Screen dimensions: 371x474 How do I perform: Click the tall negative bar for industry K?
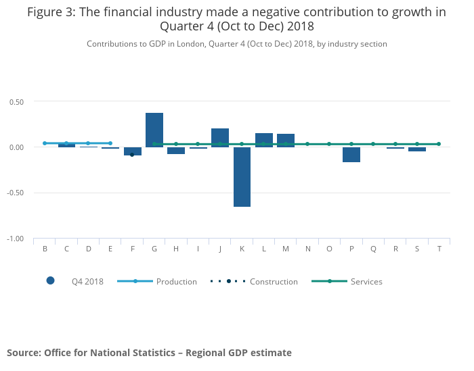(242, 176)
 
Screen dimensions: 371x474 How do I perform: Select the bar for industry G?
(154, 130)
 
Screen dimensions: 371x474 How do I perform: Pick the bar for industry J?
(220, 138)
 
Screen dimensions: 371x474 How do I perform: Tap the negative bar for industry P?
(351, 155)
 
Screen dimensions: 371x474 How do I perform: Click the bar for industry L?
(264, 140)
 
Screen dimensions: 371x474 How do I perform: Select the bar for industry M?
(286, 141)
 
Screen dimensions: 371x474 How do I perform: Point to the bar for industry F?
(133, 151)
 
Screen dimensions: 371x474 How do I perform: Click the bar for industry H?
(176, 151)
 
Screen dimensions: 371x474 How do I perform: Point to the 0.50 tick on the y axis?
(16, 102)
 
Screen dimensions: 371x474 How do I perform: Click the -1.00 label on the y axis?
(16, 239)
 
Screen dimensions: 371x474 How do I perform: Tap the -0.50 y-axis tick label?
(16, 193)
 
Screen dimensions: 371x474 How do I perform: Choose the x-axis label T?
(439, 249)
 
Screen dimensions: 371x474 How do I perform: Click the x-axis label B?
(45, 249)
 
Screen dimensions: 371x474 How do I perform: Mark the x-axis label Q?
(373, 249)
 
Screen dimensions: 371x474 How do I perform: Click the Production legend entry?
(177, 282)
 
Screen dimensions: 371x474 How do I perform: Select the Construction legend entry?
(274, 282)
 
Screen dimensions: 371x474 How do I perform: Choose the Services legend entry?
(366, 282)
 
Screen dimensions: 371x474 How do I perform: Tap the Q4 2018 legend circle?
(50, 281)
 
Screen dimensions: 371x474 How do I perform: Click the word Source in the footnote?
(24, 353)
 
